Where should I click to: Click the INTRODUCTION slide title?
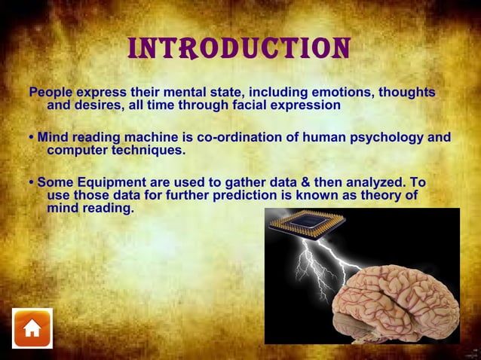tap(240, 48)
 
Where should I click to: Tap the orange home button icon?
tap(32, 328)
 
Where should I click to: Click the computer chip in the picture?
tap(306, 222)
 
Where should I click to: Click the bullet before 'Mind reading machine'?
tap(31, 138)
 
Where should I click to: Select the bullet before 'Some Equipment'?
tap(31, 183)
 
